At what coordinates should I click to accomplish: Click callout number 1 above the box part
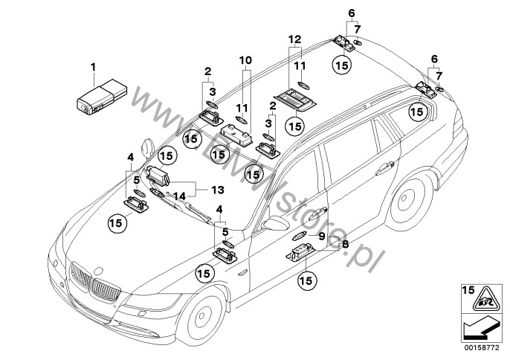coord(94,68)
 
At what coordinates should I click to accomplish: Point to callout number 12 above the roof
coord(295,38)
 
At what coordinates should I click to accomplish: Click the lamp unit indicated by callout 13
coord(158,176)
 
